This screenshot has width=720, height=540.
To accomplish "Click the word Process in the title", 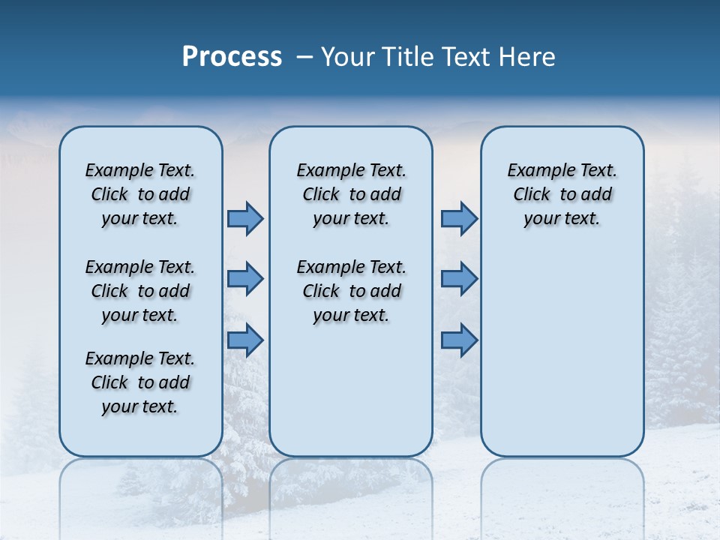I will [x=232, y=57].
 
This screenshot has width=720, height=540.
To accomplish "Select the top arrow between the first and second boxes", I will [x=245, y=218].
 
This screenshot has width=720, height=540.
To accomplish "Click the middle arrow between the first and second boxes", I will [x=245, y=279].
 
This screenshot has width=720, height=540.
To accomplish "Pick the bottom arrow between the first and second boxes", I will [x=245, y=340].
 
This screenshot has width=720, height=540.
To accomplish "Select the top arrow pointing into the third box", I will [x=459, y=218].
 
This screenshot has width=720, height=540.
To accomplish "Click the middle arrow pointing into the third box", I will [x=459, y=279].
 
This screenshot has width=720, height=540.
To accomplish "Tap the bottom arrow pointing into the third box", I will [x=459, y=340].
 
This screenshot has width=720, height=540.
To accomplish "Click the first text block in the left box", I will [x=140, y=194].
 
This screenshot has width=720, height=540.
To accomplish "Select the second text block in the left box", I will [x=140, y=291].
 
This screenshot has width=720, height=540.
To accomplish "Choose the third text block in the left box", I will [x=140, y=382].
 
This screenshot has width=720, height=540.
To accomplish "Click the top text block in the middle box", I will [x=351, y=194].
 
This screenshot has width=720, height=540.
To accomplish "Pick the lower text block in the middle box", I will [x=351, y=291].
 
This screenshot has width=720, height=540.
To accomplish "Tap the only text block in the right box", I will [x=562, y=194].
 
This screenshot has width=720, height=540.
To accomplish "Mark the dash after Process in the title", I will [x=304, y=57].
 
